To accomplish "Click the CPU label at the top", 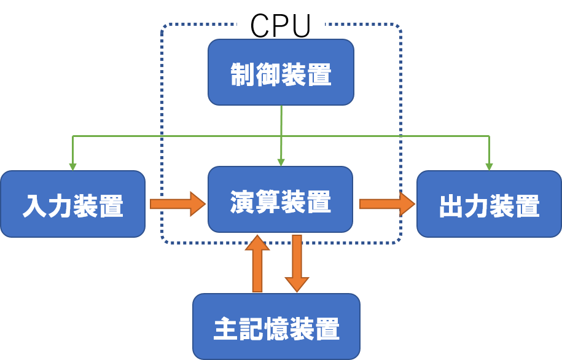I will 280,25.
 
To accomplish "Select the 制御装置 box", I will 281,72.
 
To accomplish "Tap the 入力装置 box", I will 72,204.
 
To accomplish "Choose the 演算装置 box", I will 281,199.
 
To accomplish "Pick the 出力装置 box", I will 489,204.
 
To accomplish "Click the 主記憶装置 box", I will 276,326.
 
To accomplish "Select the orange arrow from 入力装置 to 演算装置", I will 178,203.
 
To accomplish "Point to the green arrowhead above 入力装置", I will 73,166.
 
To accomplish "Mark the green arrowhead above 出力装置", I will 490,166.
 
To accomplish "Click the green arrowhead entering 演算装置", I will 281,162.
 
